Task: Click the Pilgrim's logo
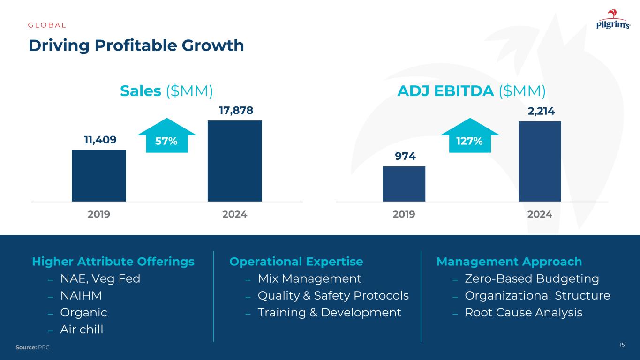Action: [x=613, y=21]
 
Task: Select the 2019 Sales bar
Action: [x=99, y=175]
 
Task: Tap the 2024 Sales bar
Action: [x=234, y=161]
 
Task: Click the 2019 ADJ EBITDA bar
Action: [x=404, y=184]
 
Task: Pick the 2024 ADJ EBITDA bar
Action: [x=540, y=161]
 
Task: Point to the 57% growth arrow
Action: [x=163, y=136]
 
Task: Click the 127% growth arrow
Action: [x=470, y=136]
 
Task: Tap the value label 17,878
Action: [x=236, y=110]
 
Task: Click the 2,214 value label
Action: [x=540, y=111]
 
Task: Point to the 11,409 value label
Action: [x=100, y=139]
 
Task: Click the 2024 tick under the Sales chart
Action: [x=234, y=214]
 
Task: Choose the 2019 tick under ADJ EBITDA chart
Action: [x=404, y=214]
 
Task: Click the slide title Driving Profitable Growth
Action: [x=136, y=45]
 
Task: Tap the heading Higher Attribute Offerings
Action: [x=113, y=262]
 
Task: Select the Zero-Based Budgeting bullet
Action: [x=532, y=278]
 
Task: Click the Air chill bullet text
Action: [x=82, y=329]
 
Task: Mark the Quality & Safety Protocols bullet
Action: [x=333, y=295]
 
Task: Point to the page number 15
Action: [x=622, y=345]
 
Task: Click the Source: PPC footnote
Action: [x=32, y=347]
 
